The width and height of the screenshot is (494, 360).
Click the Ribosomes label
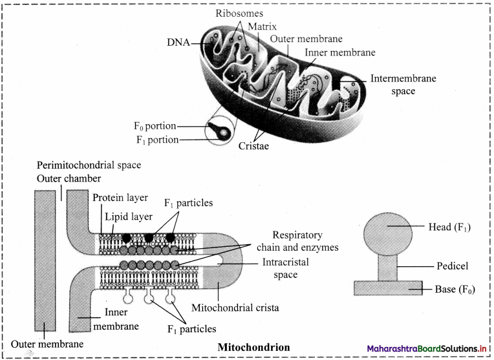tap(239, 13)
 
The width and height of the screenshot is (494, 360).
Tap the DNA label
tap(178, 42)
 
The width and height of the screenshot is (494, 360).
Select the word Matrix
tap(262, 26)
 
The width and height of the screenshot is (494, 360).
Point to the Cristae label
tap(253, 146)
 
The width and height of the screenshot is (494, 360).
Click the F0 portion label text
tap(155, 126)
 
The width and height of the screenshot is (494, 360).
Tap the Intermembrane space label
tap(403, 85)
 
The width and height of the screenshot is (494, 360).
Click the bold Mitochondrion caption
tap(253, 347)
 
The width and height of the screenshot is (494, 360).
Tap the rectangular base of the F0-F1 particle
tap(388, 288)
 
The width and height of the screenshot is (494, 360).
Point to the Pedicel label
tap(453, 266)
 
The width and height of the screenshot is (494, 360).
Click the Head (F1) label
tap(449, 227)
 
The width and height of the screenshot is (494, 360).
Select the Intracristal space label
tap(285, 268)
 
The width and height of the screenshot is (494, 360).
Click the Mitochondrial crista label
tap(235, 308)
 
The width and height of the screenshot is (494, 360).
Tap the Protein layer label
tap(120, 198)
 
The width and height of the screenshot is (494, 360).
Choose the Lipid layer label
tap(129, 217)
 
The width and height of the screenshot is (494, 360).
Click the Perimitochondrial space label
tap(89, 165)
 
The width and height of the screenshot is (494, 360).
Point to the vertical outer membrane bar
tap(45, 260)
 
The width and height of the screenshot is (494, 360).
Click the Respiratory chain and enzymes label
tap(297, 241)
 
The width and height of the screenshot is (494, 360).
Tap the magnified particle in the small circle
tap(219, 131)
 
